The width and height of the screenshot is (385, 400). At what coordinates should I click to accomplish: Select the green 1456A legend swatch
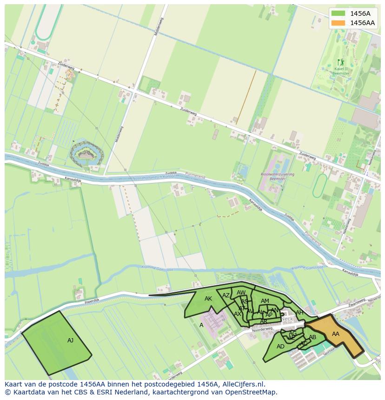pyautogui.click(x=339, y=13)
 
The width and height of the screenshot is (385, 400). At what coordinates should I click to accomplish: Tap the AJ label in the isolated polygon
pyautogui.click(x=70, y=341)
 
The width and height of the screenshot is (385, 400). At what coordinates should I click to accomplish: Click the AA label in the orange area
pyautogui.click(x=335, y=334)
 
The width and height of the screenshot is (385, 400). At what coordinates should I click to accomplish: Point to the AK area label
pyautogui.click(x=208, y=299)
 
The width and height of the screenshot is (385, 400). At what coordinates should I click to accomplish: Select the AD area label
pyautogui.click(x=280, y=347)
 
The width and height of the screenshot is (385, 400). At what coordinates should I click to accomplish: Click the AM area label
pyautogui.click(x=265, y=301)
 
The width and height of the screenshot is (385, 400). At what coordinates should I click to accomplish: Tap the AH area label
pyautogui.click(x=299, y=313)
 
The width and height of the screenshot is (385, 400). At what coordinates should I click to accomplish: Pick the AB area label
pyautogui.click(x=312, y=337)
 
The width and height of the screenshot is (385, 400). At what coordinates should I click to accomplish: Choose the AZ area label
pyautogui.click(x=226, y=295)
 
